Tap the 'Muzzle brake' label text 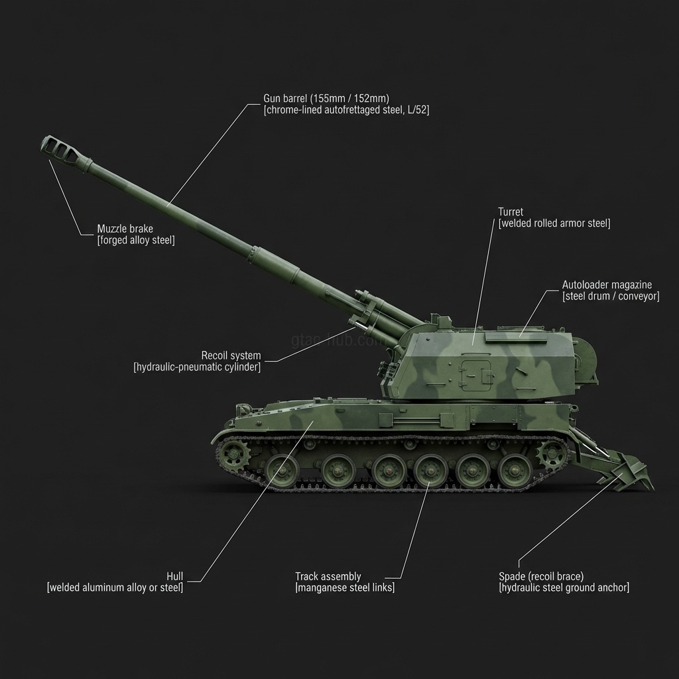tap(125, 229)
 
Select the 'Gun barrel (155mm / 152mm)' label tap(326, 99)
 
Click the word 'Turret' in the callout tap(511, 212)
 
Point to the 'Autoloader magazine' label tap(607, 285)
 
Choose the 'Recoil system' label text tap(231, 355)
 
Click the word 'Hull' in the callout tap(175, 576)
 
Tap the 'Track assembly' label tap(328, 576)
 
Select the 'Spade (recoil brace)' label tap(541, 576)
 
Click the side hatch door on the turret tap(476, 375)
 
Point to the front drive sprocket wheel tap(233, 455)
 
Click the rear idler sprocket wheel tap(552, 455)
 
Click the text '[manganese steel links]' tap(345, 587)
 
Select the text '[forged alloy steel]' tap(136, 240)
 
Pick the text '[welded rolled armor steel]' tap(554, 223)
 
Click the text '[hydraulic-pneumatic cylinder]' tap(197, 367)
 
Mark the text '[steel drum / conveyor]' tap(611, 296)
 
